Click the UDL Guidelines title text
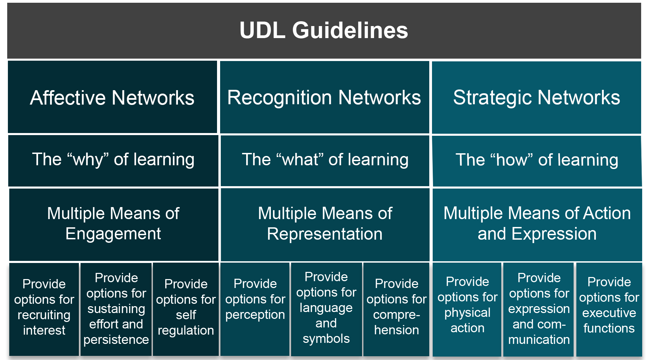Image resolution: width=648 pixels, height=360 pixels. pyautogui.click(x=324, y=30)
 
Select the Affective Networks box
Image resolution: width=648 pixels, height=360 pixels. pyautogui.click(x=112, y=97)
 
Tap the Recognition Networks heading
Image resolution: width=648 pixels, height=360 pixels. pyautogui.click(x=324, y=97)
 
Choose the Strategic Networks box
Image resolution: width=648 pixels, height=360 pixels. pyautogui.click(x=537, y=97)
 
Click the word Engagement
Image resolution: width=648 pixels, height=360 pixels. pyautogui.click(x=113, y=234)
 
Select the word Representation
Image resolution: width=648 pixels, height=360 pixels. pyautogui.click(x=325, y=234)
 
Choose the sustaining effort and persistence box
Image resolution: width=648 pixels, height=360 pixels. pyautogui.click(x=116, y=308)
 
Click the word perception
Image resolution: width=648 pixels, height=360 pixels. pyautogui.click(x=255, y=315)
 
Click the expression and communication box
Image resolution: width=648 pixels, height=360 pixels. pyautogui.click(x=539, y=308)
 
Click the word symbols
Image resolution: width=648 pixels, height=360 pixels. pyautogui.click(x=326, y=339)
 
